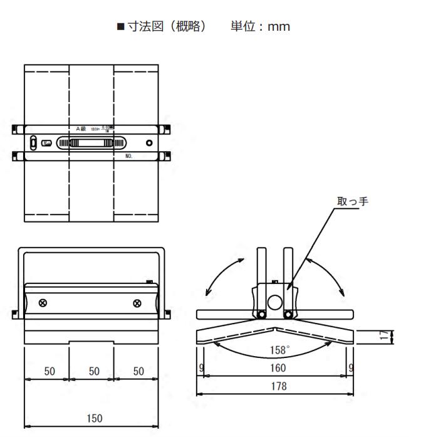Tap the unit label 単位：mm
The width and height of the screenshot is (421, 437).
tap(262, 28)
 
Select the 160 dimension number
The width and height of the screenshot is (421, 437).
tap(276, 368)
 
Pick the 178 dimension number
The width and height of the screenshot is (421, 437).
tap(276, 387)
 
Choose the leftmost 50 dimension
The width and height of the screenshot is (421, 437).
tap(48, 371)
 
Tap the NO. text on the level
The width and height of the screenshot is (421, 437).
tap(128, 155)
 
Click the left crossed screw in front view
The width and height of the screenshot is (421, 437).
tap(43, 303)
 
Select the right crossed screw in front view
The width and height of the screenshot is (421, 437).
tap(137, 303)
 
